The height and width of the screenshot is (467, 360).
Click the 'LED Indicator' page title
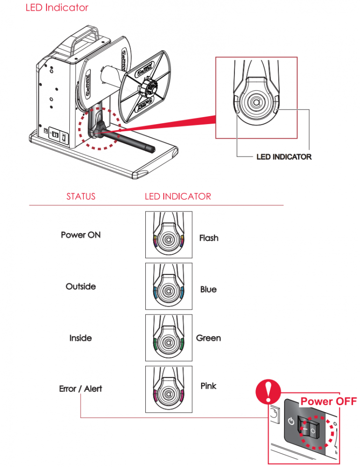(57, 8)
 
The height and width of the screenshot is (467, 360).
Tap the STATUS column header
(81, 196)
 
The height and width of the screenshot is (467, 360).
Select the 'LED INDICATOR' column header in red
(178, 196)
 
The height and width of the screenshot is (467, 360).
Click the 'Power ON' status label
(81, 235)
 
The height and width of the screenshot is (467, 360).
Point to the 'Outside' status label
(81, 286)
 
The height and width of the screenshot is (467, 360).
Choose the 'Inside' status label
(81, 338)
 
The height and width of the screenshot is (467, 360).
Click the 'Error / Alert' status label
(81, 389)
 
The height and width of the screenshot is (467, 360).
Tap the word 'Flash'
(209, 238)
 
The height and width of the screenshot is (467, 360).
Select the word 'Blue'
(208, 289)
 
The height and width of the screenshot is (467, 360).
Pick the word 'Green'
(209, 338)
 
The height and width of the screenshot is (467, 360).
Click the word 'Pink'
(208, 386)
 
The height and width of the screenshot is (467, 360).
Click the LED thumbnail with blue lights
(169, 286)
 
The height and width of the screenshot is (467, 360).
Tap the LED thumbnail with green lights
(169, 338)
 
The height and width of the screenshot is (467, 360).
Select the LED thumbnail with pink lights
(169, 389)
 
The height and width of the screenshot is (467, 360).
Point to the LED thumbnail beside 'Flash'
(169, 235)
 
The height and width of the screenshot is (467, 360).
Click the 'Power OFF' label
(328, 401)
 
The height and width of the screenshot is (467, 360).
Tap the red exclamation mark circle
(266, 388)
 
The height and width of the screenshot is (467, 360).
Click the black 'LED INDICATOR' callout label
(284, 157)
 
